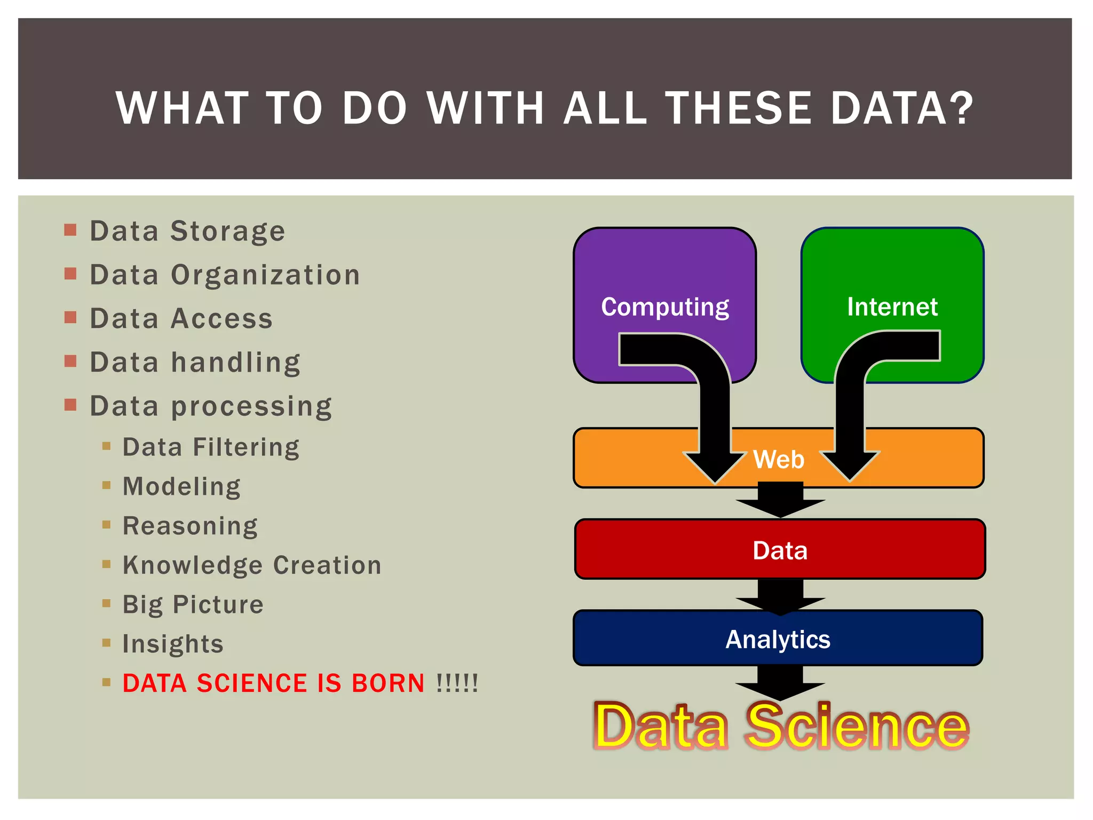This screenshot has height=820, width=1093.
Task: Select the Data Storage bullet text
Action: click(x=187, y=232)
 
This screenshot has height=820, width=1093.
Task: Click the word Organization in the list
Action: click(x=265, y=275)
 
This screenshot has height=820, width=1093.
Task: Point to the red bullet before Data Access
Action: click(x=70, y=318)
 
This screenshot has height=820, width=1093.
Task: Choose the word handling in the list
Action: click(x=235, y=363)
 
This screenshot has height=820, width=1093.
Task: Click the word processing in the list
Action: click(x=251, y=407)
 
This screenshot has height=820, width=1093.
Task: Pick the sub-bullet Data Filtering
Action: click(x=211, y=447)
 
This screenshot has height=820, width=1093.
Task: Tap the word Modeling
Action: click(x=181, y=486)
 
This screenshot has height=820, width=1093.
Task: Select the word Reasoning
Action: click(x=190, y=526)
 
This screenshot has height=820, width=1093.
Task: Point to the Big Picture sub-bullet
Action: click(x=193, y=605)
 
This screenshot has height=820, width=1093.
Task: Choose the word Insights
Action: click(x=173, y=644)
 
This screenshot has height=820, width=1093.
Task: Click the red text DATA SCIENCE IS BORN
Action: click(x=273, y=683)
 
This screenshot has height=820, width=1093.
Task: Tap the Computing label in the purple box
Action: click(x=665, y=307)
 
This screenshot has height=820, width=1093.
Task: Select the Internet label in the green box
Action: click(x=892, y=307)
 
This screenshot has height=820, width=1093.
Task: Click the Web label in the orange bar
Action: click(x=779, y=459)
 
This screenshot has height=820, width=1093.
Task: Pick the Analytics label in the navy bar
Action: click(x=778, y=640)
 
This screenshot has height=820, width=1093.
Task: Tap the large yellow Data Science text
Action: click(x=780, y=726)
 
